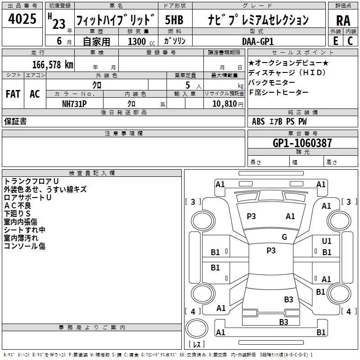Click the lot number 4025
pos(22,19)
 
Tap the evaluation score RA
pos(343,20)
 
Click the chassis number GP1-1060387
pos(302,143)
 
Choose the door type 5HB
pos(174,20)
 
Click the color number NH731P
pos(74,103)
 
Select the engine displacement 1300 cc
pos(137,41)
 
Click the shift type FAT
pos(13,94)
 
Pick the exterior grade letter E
pos(335,41)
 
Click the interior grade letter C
pos(350,41)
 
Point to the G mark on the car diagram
pos(284,237)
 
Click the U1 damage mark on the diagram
pos(327,242)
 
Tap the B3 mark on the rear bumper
pos(283,322)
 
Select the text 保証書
pos(15,121)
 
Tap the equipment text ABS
pos(258,121)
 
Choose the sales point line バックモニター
pos(272,82)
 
